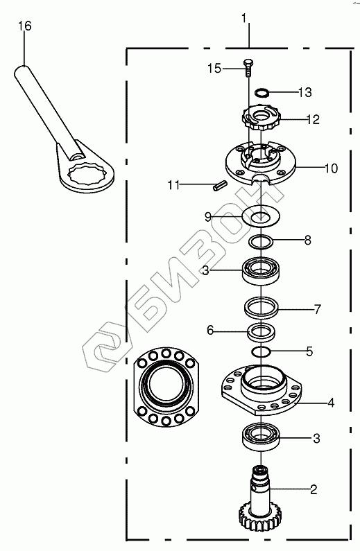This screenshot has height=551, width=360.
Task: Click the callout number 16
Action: pyautogui.click(x=24, y=26)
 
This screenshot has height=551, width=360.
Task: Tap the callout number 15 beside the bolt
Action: pyautogui.click(x=214, y=68)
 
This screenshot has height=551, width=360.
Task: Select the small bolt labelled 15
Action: pyautogui.click(x=248, y=68)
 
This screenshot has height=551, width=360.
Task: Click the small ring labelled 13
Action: pyautogui.click(x=262, y=92)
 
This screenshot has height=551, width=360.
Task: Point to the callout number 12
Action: pyautogui.click(x=313, y=119)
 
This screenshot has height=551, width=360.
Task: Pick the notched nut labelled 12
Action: pyautogui.click(x=260, y=119)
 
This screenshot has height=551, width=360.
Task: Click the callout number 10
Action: pyautogui.click(x=331, y=168)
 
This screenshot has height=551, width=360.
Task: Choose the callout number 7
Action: pyautogui.click(x=318, y=309)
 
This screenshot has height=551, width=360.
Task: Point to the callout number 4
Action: pyautogui.click(x=331, y=403)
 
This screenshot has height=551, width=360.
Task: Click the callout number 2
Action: pyautogui.click(x=314, y=489)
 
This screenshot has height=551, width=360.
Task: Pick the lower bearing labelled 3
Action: pyautogui.click(x=261, y=437)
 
